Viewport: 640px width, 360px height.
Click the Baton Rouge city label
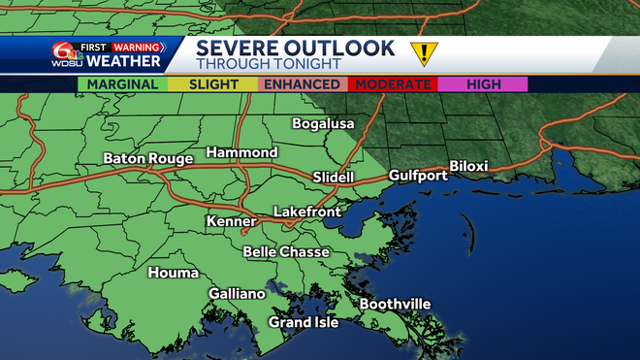146,158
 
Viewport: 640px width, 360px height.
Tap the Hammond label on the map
241,152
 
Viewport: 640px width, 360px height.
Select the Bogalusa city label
324,123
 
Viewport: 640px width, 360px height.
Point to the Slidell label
335,177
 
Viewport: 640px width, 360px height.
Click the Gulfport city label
418,176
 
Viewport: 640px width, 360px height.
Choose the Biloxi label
467,166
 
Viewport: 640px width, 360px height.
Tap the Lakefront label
306,211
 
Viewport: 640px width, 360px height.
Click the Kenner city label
232,222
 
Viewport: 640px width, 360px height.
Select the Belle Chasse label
286,251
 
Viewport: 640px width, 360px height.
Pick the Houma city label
173,273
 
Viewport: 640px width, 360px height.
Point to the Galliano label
237,293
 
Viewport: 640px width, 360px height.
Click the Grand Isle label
304,322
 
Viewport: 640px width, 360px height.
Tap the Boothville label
396,305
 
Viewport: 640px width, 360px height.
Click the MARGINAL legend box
123,84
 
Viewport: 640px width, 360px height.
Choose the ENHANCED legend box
302,84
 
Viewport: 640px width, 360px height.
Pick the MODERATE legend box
393,84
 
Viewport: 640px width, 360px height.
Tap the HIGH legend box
483,84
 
